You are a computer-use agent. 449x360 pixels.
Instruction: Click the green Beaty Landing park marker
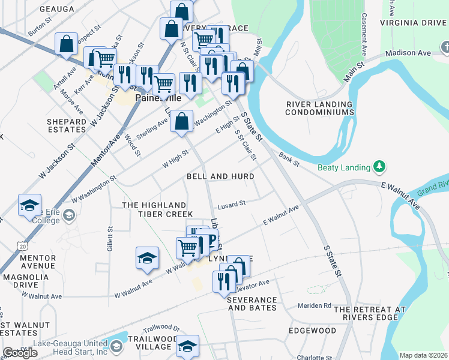click(379, 166)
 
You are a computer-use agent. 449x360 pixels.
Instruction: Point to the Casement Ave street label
click(364, 34)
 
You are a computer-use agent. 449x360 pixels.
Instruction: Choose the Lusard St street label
click(232, 203)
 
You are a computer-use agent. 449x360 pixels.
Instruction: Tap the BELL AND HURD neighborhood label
click(220, 176)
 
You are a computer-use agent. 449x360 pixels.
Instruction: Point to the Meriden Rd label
click(315, 305)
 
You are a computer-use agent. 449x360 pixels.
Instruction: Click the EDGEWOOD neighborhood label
click(312, 331)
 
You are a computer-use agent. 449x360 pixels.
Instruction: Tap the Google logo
click(20, 353)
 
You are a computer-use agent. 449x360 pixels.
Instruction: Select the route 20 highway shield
click(22, 245)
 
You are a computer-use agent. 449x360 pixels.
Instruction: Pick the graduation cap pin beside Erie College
click(29, 205)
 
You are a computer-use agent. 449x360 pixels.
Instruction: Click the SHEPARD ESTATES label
click(67, 125)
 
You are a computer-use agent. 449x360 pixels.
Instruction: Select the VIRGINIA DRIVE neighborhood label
click(414, 23)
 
